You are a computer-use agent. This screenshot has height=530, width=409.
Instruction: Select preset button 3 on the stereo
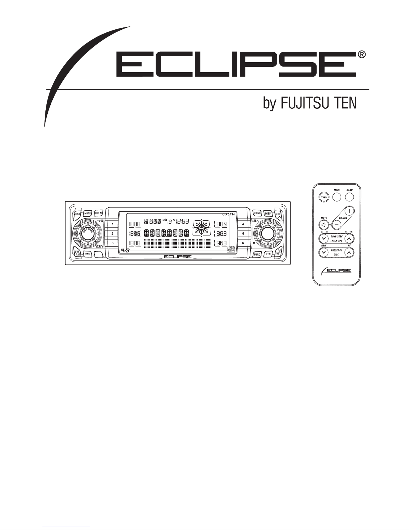113,243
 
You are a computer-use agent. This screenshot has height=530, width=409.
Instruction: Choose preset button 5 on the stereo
243,233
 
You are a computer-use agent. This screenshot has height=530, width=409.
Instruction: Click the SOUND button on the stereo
257,213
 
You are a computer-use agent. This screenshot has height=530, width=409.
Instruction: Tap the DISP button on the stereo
268,213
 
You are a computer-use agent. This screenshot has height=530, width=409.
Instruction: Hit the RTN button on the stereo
268,254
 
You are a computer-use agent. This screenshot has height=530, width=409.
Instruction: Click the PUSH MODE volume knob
86,234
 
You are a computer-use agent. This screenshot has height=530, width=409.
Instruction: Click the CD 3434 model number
229,214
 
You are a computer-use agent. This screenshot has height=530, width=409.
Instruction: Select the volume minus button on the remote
337,225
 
